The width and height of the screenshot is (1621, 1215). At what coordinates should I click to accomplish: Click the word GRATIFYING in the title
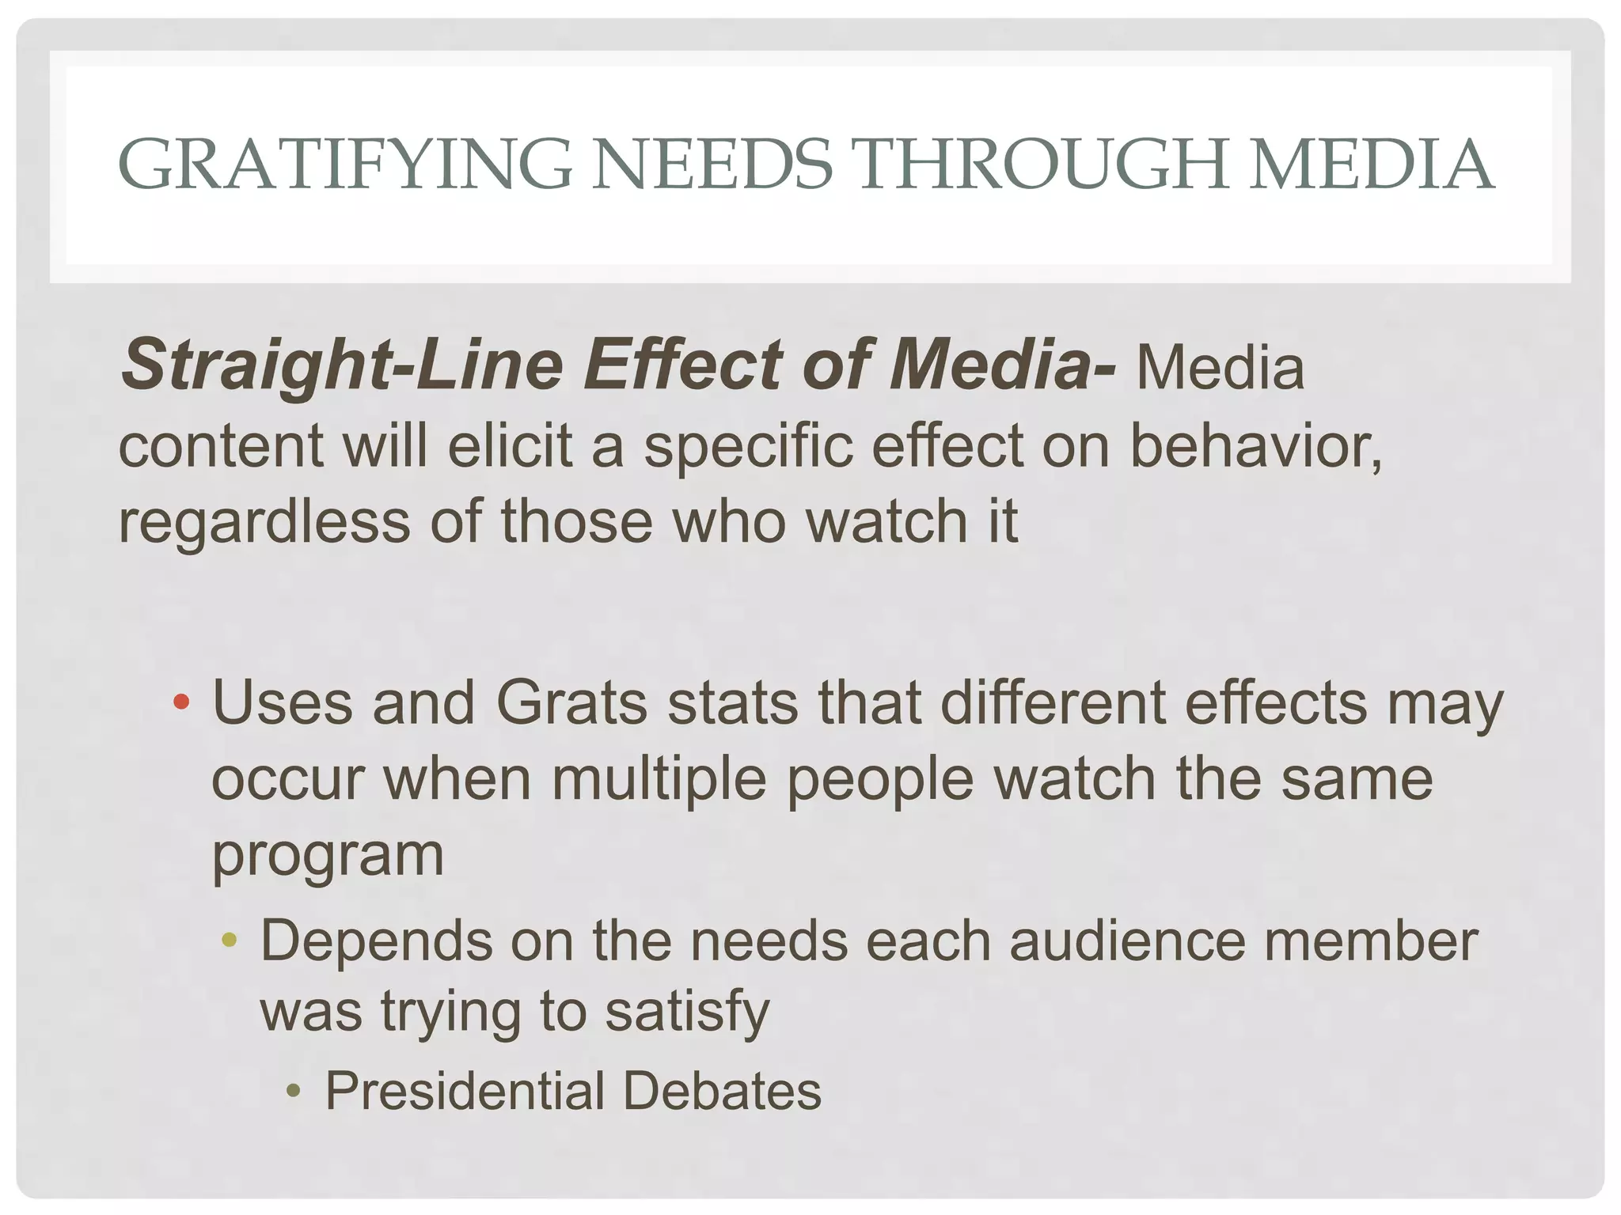[344, 165]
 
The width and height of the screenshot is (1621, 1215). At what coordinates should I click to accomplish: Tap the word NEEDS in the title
[712, 165]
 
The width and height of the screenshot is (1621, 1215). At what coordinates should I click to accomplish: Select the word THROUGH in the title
[1040, 165]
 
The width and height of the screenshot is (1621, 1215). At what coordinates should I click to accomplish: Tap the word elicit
[509, 445]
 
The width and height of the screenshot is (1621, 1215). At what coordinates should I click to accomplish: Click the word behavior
[1255, 445]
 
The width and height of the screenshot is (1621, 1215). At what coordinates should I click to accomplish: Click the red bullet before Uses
[181, 702]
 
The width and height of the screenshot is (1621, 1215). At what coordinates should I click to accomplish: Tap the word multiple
[659, 780]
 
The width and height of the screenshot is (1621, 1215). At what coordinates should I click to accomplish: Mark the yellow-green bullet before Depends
[230, 940]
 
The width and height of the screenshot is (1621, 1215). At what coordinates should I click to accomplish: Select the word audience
[1126, 941]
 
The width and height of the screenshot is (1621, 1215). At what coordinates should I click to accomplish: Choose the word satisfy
[687, 1013]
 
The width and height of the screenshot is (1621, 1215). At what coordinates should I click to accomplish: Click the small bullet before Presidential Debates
[294, 1092]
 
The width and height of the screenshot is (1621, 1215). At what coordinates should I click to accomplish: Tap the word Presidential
[465, 1091]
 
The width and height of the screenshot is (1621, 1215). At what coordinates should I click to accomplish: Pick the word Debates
[722, 1091]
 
